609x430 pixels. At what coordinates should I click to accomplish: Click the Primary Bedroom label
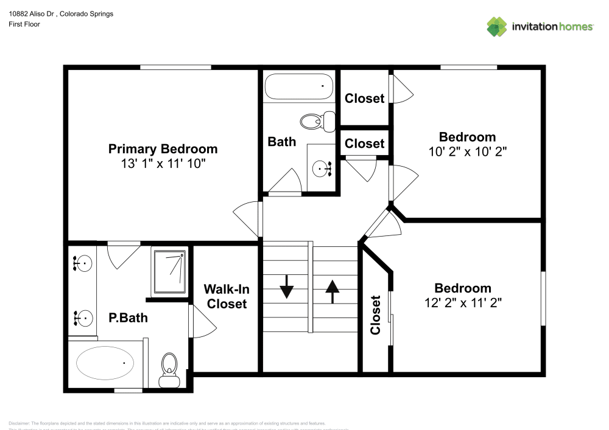click(163, 149)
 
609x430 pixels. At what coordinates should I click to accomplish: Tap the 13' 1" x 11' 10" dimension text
click(163, 164)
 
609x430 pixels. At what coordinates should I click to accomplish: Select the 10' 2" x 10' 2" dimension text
click(467, 151)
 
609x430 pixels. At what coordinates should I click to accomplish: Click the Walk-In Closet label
click(225, 296)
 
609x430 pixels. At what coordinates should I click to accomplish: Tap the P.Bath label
click(128, 317)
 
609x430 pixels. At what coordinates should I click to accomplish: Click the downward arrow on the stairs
click(286, 287)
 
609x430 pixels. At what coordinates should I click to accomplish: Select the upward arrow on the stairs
click(332, 290)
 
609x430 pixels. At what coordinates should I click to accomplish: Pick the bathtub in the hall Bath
click(299, 87)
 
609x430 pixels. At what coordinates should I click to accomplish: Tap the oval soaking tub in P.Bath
click(105, 363)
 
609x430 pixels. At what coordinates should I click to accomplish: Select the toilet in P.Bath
click(169, 370)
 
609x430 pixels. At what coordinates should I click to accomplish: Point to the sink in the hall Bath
click(321, 168)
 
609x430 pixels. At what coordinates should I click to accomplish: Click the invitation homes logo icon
click(497, 26)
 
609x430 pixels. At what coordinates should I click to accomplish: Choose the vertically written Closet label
click(375, 314)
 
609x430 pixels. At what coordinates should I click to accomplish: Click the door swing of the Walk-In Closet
click(202, 322)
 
